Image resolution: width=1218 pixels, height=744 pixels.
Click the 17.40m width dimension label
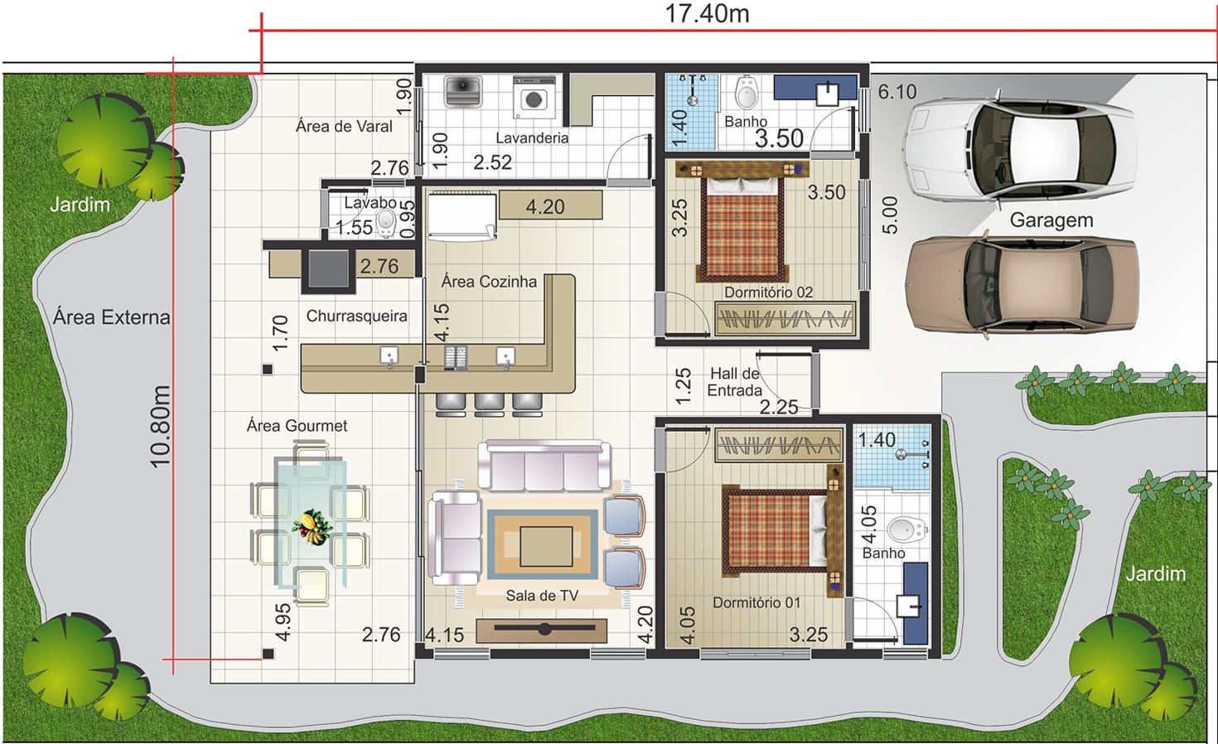click(x=707, y=13)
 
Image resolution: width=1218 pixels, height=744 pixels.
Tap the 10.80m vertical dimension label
click(x=161, y=427)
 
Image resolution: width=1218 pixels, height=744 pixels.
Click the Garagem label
click(x=1051, y=220)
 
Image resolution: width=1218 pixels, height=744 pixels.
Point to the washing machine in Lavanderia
click(x=534, y=97)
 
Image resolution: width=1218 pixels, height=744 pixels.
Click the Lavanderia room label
click(x=532, y=138)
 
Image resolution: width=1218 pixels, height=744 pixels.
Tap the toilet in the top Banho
click(x=747, y=93)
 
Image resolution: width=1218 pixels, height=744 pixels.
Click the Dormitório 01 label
click(x=756, y=602)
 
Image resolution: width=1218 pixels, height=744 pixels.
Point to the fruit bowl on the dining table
click(x=312, y=526)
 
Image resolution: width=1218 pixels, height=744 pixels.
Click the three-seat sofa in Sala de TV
click(x=544, y=466)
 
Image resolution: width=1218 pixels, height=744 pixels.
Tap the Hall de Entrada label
click(x=735, y=382)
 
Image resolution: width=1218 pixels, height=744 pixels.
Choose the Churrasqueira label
click(x=356, y=316)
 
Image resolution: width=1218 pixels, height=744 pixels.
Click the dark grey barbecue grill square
click(x=328, y=268)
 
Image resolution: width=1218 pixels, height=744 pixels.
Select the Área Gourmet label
click(x=297, y=425)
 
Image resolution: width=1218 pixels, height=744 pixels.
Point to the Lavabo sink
click(x=387, y=223)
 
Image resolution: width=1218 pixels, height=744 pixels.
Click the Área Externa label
click(x=112, y=317)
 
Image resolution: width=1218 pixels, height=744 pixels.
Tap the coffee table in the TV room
click(x=546, y=546)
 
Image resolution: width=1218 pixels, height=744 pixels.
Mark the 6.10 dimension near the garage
click(x=897, y=92)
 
